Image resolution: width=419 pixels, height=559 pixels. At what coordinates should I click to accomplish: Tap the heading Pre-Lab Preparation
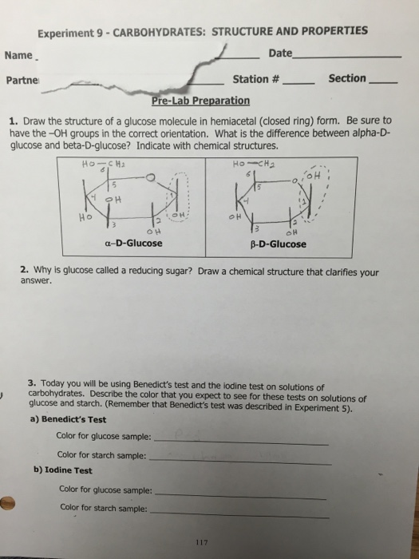(x=200, y=101)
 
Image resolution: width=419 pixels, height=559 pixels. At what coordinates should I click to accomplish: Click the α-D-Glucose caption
(x=134, y=243)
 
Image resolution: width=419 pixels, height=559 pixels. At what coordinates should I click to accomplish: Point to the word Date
(x=281, y=53)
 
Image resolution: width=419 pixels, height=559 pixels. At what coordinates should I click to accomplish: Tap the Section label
(x=348, y=78)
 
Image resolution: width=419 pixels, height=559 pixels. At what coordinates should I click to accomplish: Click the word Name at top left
(x=19, y=55)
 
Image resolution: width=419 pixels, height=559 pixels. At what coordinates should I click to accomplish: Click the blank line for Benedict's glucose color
(x=239, y=442)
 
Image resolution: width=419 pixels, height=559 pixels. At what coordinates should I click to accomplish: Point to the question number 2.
(x=25, y=270)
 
